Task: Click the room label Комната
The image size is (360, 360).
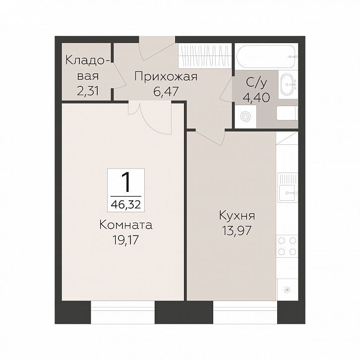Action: click(x=126, y=225)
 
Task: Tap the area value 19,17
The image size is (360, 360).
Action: click(x=125, y=240)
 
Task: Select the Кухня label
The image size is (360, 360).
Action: click(x=237, y=216)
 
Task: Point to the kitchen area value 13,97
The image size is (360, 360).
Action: click(x=237, y=231)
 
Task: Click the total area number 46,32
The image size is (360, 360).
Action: click(x=125, y=204)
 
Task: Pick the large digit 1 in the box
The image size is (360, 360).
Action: click(x=125, y=182)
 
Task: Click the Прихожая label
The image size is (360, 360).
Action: click(x=166, y=77)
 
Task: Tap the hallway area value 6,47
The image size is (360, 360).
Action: click(x=166, y=91)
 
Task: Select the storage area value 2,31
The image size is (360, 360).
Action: click(x=88, y=91)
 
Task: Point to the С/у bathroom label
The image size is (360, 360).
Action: click(x=256, y=83)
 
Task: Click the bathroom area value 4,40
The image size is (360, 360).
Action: click(x=256, y=97)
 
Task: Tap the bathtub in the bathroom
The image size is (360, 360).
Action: click(x=266, y=56)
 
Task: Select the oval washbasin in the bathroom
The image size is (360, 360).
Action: click(x=288, y=84)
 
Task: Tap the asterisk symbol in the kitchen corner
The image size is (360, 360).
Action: click(x=287, y=290)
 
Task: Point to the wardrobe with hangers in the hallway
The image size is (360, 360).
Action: click(x=204, y=57)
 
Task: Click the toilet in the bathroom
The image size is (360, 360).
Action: click(x=287, y=113)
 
